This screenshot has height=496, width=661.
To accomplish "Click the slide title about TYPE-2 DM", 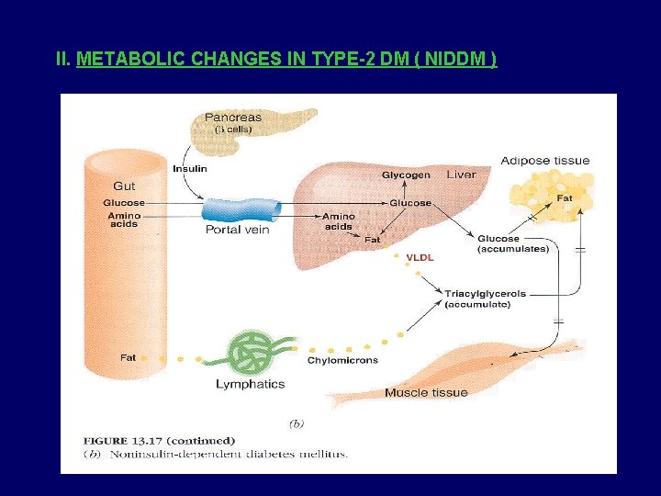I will click(x=276, y=60).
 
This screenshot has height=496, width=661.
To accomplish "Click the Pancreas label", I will click(x=232, y=117).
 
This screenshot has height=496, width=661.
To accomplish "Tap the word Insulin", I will click(x=190, y=168).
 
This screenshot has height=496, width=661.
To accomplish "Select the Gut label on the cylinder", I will click(x=124, y=186).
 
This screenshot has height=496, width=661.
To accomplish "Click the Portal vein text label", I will click(x=237, y=230).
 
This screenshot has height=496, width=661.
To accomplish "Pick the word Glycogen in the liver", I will click(x=406, y=175).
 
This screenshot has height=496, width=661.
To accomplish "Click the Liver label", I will click(x=462, y=175).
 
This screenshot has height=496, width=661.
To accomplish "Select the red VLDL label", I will click(x=420, y=258).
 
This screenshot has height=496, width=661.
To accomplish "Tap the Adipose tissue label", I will click(x=545, y=161).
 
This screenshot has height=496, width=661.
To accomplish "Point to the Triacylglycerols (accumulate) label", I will click(x=486, y=299).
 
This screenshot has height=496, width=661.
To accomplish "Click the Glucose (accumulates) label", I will click(x=513, y=243).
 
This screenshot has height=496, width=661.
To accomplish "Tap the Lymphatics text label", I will click(x=250, y=384).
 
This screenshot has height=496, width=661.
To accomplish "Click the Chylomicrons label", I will click(x=342, y=360).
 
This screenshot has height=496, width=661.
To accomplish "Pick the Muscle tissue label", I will click(x=426, y=392).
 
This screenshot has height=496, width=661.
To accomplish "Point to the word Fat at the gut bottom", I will click(x=129, y=356).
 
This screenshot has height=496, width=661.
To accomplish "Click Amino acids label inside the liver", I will click(x=338, y=220).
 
